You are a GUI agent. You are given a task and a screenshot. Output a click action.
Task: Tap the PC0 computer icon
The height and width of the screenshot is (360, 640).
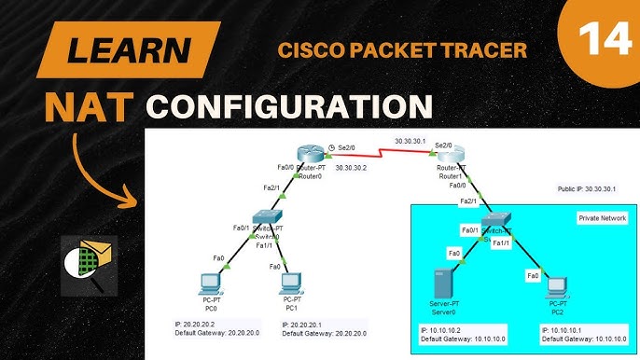(211, 284)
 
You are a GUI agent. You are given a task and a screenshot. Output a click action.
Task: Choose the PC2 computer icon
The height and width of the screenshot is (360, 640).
(556, 285)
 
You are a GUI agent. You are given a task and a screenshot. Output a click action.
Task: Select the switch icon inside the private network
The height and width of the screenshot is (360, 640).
(493, 222)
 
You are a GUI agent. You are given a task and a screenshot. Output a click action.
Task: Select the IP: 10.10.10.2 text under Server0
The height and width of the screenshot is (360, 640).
(445, 329)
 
